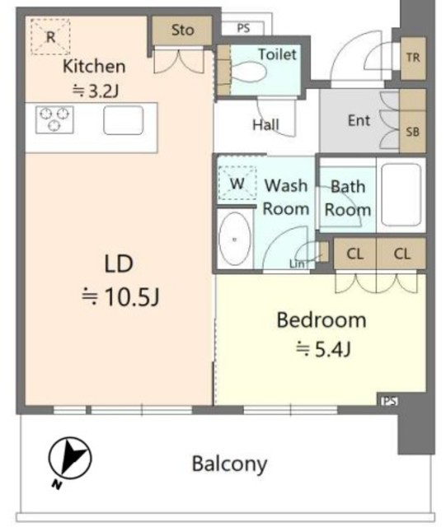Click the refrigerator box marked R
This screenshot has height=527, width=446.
pos(50,36)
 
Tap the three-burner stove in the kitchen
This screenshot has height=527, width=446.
pos(54,119)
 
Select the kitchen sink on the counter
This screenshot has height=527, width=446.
pos(124,120)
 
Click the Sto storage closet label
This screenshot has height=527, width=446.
pos(183,30)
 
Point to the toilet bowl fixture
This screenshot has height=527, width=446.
pos(248,72)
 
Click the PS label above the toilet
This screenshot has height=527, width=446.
pos(243,28)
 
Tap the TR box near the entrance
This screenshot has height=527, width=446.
pos(413,58)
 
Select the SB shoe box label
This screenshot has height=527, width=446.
pos(413,132)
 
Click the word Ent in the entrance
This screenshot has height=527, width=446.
pos(359,120)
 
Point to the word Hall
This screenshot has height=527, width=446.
pos(266,125)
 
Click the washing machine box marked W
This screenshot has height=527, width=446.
pos(237,184)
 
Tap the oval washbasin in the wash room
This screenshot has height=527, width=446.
pos(235,240)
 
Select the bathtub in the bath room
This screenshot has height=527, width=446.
pos(401,194)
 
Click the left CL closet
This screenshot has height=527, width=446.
pos(354,254)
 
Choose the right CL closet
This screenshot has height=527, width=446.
pos(401,254)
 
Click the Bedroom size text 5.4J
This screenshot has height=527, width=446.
pos(323,349)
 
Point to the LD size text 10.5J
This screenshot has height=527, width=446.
pos(120,297)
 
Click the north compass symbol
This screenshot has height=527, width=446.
pos(70,459)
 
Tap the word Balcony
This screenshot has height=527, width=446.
pos(229,464)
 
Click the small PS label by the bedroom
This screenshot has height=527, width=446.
pos(389,401)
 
